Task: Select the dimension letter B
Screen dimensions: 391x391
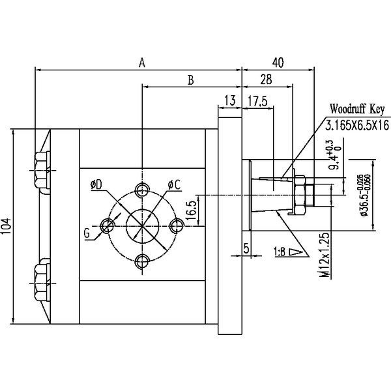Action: [x=190, y=80]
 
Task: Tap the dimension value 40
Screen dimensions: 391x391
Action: [x=278, y=63]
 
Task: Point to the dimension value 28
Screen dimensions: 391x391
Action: [x=266, y=80]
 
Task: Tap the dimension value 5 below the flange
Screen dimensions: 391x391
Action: [x=246, y=248]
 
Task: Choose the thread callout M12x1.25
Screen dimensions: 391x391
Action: [x=323, y=256]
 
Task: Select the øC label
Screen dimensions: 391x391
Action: [x=173, y=186]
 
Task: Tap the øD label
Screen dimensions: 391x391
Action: [x=98, y=186]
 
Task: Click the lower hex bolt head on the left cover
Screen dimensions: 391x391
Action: [x=41, y=280]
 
